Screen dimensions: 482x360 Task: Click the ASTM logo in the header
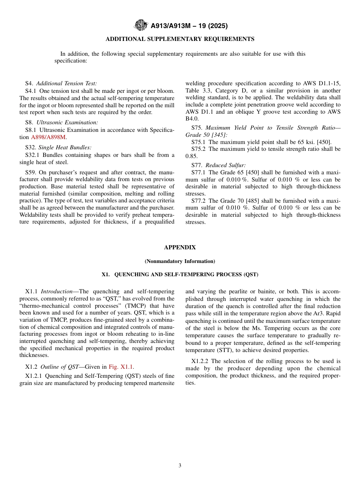coord(141,26)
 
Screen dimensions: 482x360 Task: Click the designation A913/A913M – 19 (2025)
coord(189,26)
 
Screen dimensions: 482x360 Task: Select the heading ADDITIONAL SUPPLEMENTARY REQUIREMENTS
coord(180,39)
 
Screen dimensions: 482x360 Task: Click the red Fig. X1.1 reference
coord(121,366)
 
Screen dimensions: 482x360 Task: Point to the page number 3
coord(180,466)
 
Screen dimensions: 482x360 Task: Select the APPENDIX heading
coord(180,247)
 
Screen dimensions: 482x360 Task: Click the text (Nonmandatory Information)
coord(180,261)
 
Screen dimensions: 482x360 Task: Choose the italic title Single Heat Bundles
coord(65,147)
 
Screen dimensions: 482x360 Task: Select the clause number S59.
coord(31,172)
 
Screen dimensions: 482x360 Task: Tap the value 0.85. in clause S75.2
coord(192,156)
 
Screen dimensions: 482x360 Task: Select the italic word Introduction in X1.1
coord(56,291)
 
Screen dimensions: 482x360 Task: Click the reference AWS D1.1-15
coord(322,83)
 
